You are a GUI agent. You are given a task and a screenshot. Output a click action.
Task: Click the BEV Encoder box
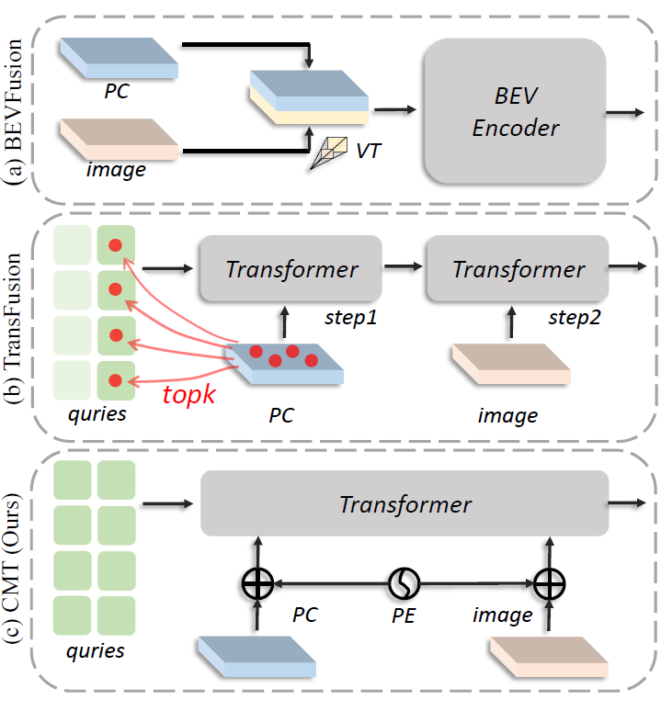pyautogui.click(x=515, y=113)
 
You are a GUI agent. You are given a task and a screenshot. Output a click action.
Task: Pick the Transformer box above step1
pyautogui.click(x=291, y=269)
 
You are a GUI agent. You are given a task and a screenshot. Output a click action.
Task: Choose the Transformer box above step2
pyautogui.click(x=519, y=269)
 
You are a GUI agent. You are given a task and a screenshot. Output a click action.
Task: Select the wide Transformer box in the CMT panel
pyautogui.click(x=405, y=504)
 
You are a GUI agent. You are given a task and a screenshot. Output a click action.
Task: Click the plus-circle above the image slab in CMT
pyautogui.click(x=550, y=582)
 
